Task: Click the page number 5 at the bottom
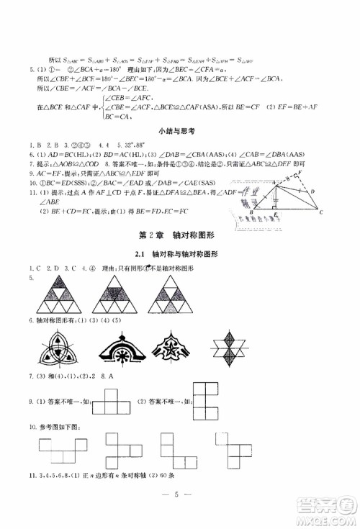click(179, 494)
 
